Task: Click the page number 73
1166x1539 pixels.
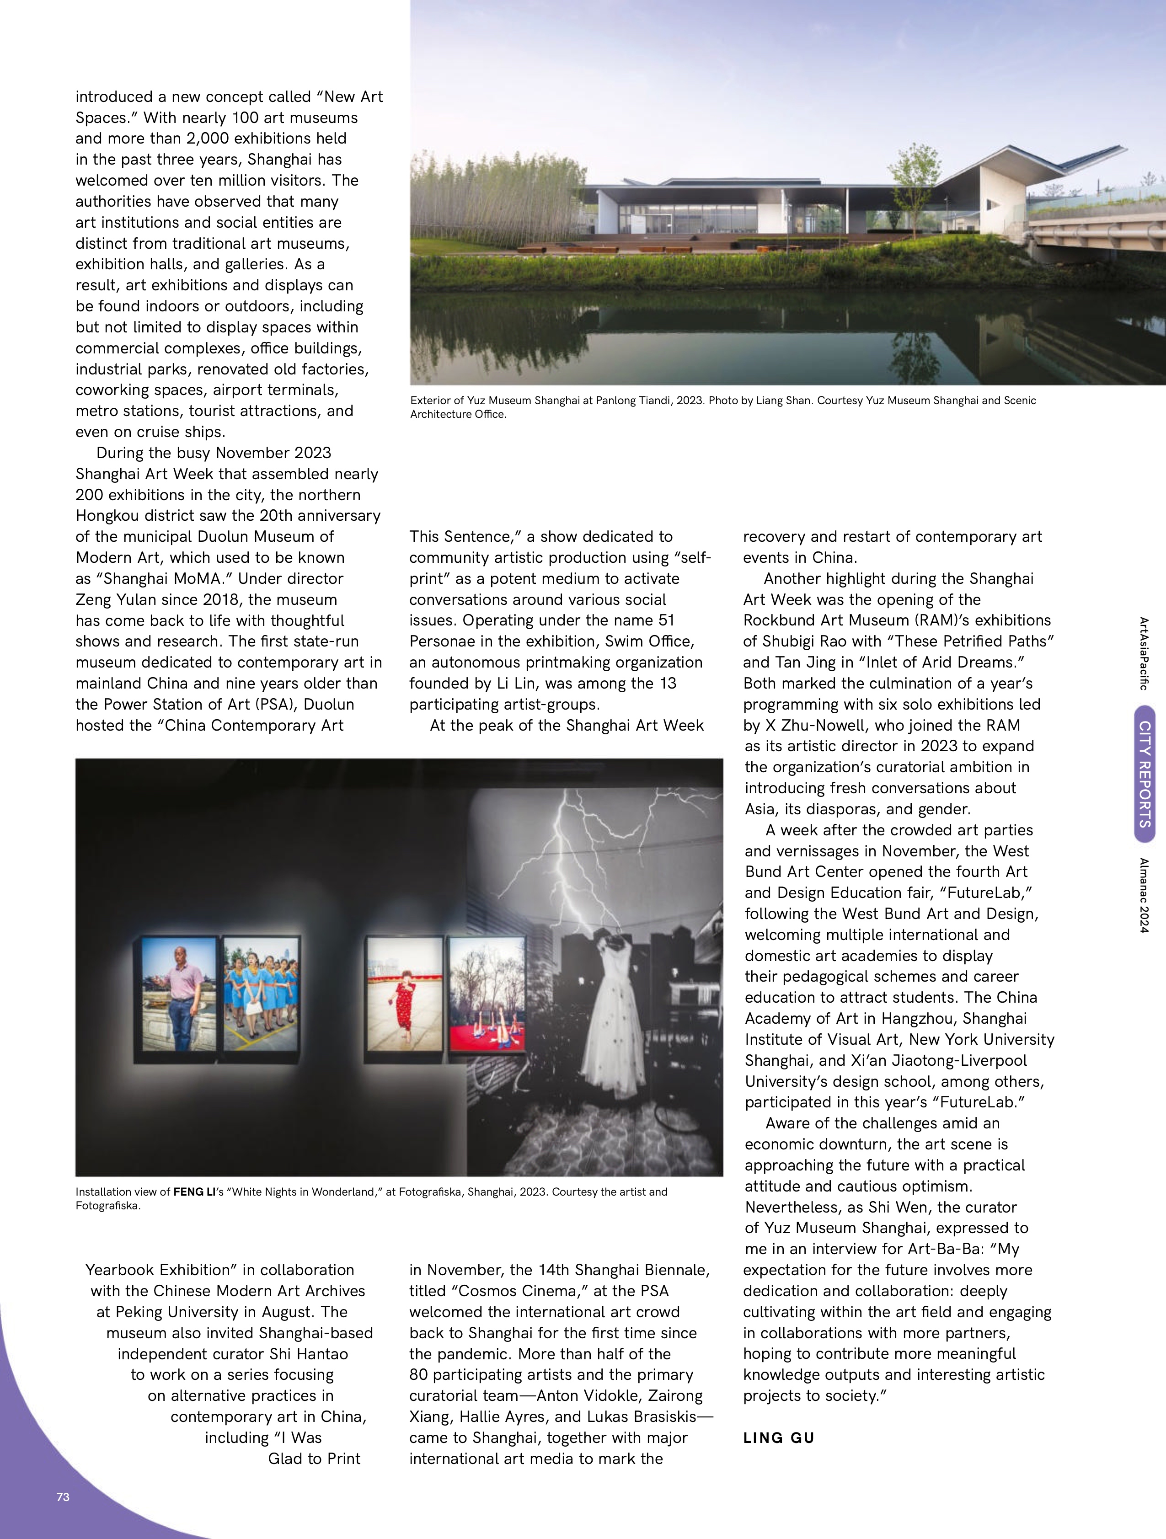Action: [x=63, y=1496]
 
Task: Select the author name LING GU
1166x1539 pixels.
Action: [x=779, y=1437]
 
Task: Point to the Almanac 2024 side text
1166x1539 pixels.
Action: [x=1144, y=895]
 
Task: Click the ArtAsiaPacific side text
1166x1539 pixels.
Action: [x=1144, y=653]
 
